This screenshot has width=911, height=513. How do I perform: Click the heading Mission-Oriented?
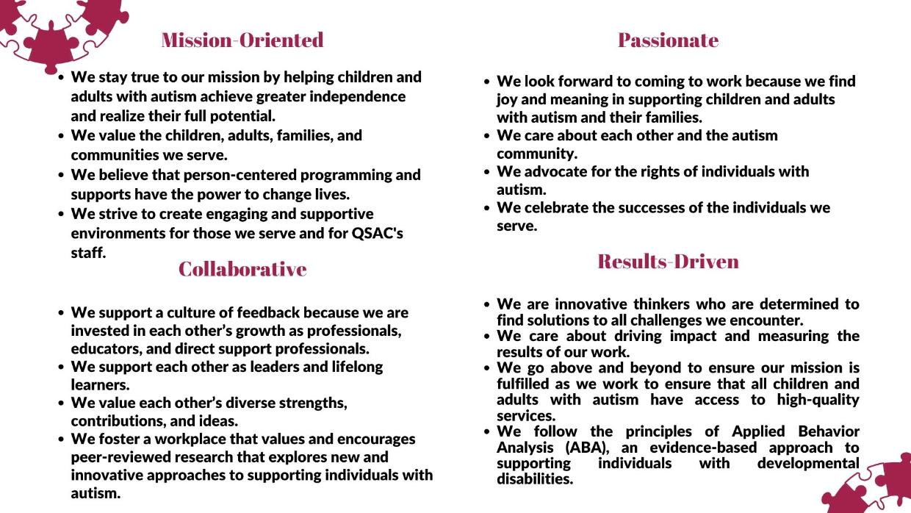tap(242, 40)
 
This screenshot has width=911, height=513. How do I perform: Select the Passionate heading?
tap(668, 40)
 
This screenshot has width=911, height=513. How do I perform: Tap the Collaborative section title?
tap(242, 269)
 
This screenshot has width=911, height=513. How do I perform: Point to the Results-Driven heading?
tap(668, 262)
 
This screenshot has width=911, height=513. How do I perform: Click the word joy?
tap(508, 99)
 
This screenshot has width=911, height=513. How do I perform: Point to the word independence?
tap(356, 96)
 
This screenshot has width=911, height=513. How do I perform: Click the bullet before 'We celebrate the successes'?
tap(486, 209)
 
